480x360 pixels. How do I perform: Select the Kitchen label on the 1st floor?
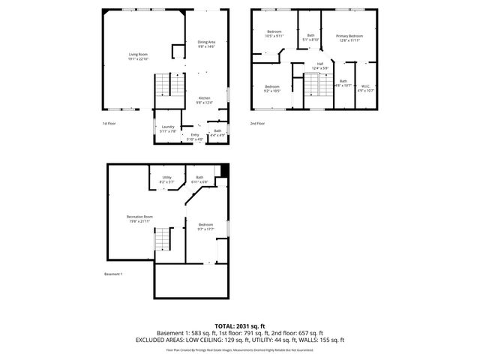click(x=204, y=100)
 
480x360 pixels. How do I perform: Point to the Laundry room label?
click(x=168, y=128)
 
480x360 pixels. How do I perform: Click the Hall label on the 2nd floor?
click(x=320, y=65)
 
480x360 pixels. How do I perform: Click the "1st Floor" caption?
click(x=110, y=123)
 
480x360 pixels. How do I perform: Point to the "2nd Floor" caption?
click(x=258, y=123)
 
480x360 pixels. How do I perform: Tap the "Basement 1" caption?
click(x=113, y=274)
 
